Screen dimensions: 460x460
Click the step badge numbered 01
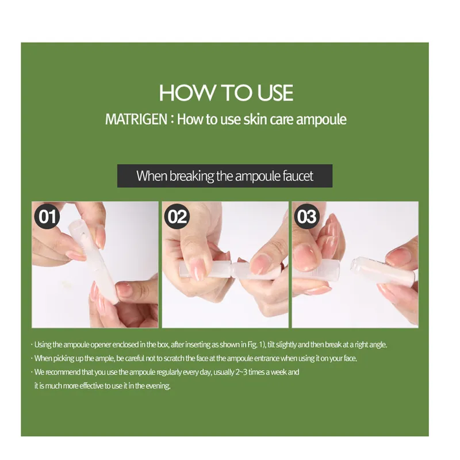[47, 217]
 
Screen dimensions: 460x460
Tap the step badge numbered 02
[177, 217]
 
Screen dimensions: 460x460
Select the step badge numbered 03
[306, 217]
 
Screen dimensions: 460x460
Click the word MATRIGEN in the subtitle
[136, 120]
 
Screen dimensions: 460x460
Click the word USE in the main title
[275, 93]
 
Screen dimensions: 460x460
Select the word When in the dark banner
[152, 176]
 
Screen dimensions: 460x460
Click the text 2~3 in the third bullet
[241, 372]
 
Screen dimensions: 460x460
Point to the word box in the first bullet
[163, 344]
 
